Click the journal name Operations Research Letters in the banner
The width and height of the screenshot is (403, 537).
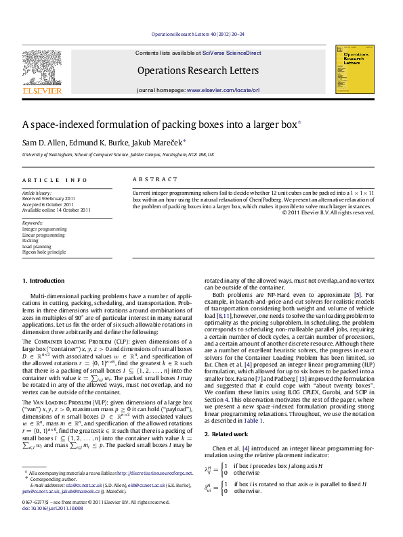[x=198, y=70]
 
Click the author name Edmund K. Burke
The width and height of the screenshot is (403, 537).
[x=95, y=141]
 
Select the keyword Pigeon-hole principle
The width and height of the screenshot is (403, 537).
[x=45, y=252]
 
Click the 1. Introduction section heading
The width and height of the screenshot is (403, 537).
[x=44, y=279]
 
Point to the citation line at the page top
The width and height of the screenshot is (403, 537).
[x=198, y=33]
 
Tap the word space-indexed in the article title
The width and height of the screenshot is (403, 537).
[x=62, y=124]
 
